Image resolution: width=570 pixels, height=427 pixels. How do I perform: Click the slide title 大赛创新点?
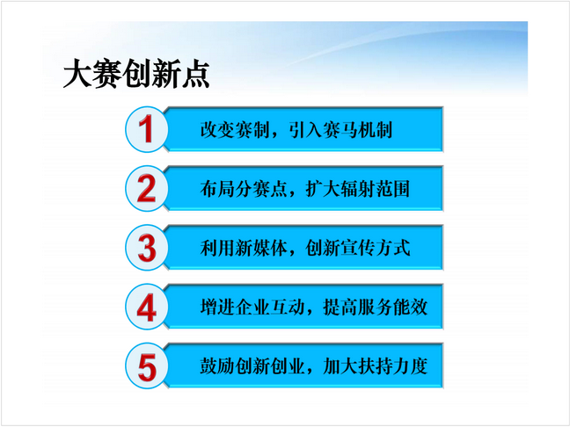tap(136, 74)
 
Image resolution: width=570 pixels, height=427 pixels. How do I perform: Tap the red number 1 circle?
tap(147, 129)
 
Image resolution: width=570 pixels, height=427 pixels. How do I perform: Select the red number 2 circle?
tap(147, 188)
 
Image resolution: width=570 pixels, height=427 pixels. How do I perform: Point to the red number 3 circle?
tap(147, 248)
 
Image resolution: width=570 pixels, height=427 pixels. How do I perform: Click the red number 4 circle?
tap(147, 307)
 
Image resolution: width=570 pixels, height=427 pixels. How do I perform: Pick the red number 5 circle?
tap(147, 366)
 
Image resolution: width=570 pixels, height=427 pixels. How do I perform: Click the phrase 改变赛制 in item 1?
tap(235, 130)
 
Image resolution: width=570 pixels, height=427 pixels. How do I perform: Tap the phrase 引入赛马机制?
tap(340, 130)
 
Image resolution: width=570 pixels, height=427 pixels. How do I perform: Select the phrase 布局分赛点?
tap(244, 189)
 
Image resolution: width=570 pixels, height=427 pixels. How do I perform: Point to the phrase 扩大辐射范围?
tap(358, 189)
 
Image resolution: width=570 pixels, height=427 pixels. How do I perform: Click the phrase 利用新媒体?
tap(244, 249)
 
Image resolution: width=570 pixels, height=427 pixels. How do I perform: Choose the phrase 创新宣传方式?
tap(358, 249)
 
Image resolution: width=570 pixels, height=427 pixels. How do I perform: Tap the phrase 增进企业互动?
tap(252, 308)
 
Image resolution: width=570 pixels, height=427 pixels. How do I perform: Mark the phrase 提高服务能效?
tap(376, 308)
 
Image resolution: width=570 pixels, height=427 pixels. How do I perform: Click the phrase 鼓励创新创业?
tap(252, 366)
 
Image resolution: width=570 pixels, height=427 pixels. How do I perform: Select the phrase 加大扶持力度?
tap(376, 366)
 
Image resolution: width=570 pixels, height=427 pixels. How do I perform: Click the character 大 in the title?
tap(77, 74)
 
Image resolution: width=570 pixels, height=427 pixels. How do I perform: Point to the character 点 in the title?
tap(195, 74)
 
